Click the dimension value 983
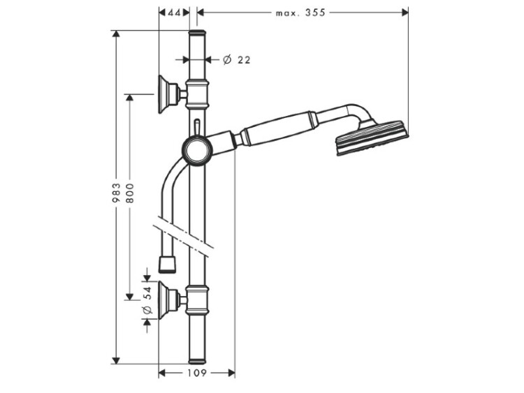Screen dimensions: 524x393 click(116, 193)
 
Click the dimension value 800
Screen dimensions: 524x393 click(130, 193)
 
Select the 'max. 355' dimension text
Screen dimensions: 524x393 click(300, 13)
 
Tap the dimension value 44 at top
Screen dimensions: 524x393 click(174, 13)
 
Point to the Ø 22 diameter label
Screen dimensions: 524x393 click(237, 60)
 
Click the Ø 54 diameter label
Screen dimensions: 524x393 click(147, 300)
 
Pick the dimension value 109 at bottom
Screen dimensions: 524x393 click(196, 373)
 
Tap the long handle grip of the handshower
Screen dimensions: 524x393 click(278, 129)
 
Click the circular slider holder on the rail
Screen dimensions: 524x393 click(197, 151)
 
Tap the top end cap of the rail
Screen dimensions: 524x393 click(197, 33)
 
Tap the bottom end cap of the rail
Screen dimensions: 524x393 click(197, 361)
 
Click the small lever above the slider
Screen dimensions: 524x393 click(197, 128)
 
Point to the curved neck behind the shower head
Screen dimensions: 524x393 click(358, 113)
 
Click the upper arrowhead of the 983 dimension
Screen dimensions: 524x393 click(116, 34)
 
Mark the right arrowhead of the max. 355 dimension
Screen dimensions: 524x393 click(405, 13)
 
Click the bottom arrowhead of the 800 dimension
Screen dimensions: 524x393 click(130, 296)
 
